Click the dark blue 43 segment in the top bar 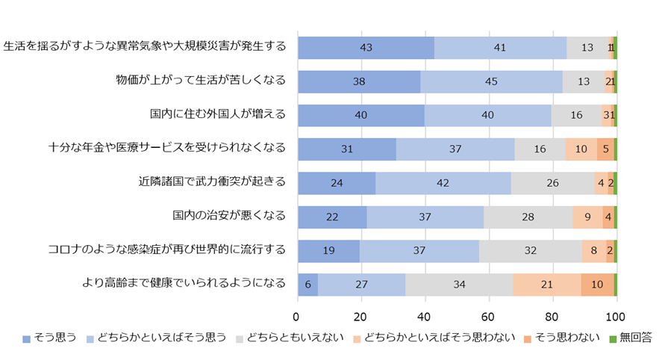(x=366, y=47)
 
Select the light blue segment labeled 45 (x=491, y=81)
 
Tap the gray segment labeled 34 (x=459, y=285)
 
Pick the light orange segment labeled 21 (x=546, y=285)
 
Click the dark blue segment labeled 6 (x=307, y=285)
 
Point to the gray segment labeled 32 (x=530, y=251)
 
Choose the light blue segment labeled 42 (x=443, y=183)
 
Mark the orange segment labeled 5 (x=605, y=149)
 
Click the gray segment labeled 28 (x=528, y=217)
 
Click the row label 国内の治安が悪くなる (x=228, y=217)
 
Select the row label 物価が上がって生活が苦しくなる (x=201, y=81)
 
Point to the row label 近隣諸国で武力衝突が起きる (x=212, y=183)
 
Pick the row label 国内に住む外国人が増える (x=217, y=115)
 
